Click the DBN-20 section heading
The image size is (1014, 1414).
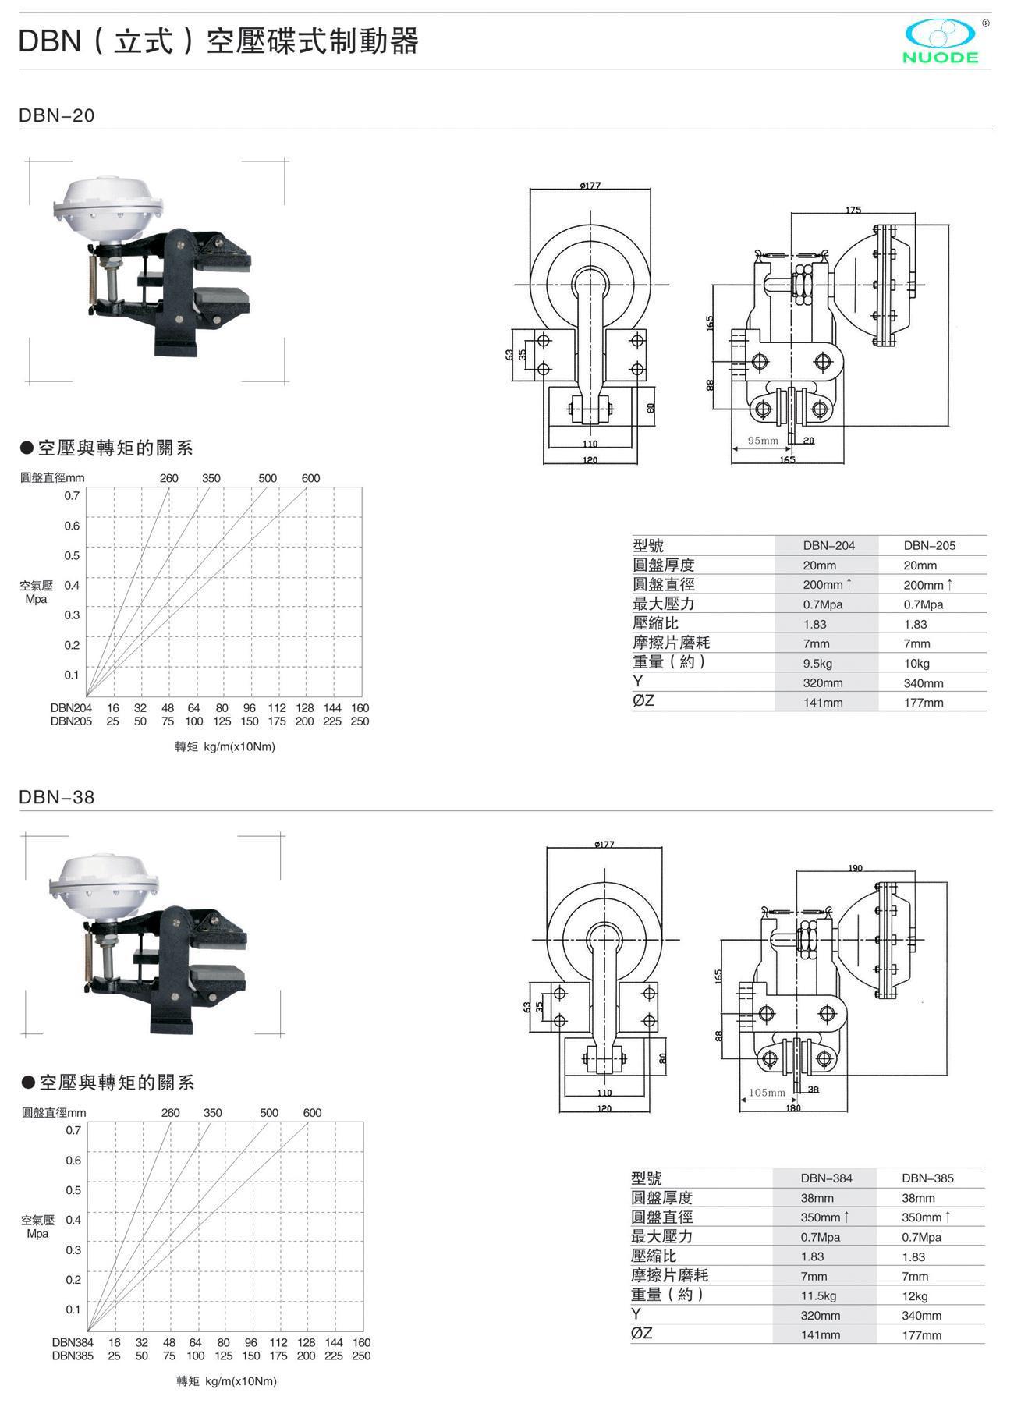[x=57, y=115]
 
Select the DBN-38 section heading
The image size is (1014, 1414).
[x=57, y=797]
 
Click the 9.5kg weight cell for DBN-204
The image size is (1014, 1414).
[x=817, y=664]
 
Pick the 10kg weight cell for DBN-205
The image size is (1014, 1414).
[x=916, y=664]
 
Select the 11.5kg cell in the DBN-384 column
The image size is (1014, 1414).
[x=818, y=1295]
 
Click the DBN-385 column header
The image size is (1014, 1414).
[x=927, y=1178]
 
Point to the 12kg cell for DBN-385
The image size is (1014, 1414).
[x=914, y=1296]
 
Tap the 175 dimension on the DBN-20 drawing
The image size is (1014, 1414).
[x=853, y=210]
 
